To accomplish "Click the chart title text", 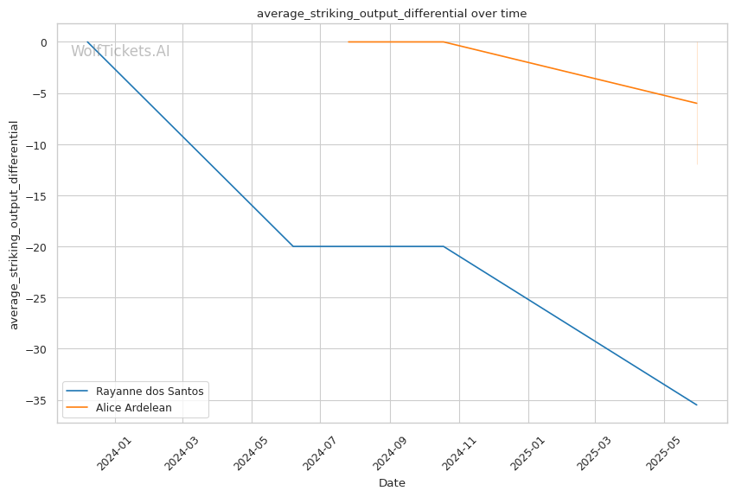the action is coord(392,14).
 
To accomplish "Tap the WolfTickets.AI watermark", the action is coord(120,51).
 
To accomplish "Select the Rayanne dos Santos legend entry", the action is coord(135,392).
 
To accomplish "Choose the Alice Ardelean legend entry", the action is coord(119,407).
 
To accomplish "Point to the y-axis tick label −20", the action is coord(36,247).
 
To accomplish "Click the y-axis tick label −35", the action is coord(36,400).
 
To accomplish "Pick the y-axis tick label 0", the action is coord(44,42).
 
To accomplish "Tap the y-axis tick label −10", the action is coord(36,145).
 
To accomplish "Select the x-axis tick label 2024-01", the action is coord(114,453).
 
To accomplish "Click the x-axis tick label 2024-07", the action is coord(320,453).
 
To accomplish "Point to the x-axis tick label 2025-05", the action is coord(663,453).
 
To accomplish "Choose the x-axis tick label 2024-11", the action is coord(459,453).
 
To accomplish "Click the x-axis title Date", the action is coord(392,483).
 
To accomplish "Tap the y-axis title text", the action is coord(14,226).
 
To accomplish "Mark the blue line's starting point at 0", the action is coord(87,42).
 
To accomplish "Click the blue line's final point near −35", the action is coord(697,405).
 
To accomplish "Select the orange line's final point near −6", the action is coord(697,103).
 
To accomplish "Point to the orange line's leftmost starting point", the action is coord(348,42).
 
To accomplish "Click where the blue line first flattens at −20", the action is coord(293,246).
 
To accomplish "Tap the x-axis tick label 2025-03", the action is coord(594,453).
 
